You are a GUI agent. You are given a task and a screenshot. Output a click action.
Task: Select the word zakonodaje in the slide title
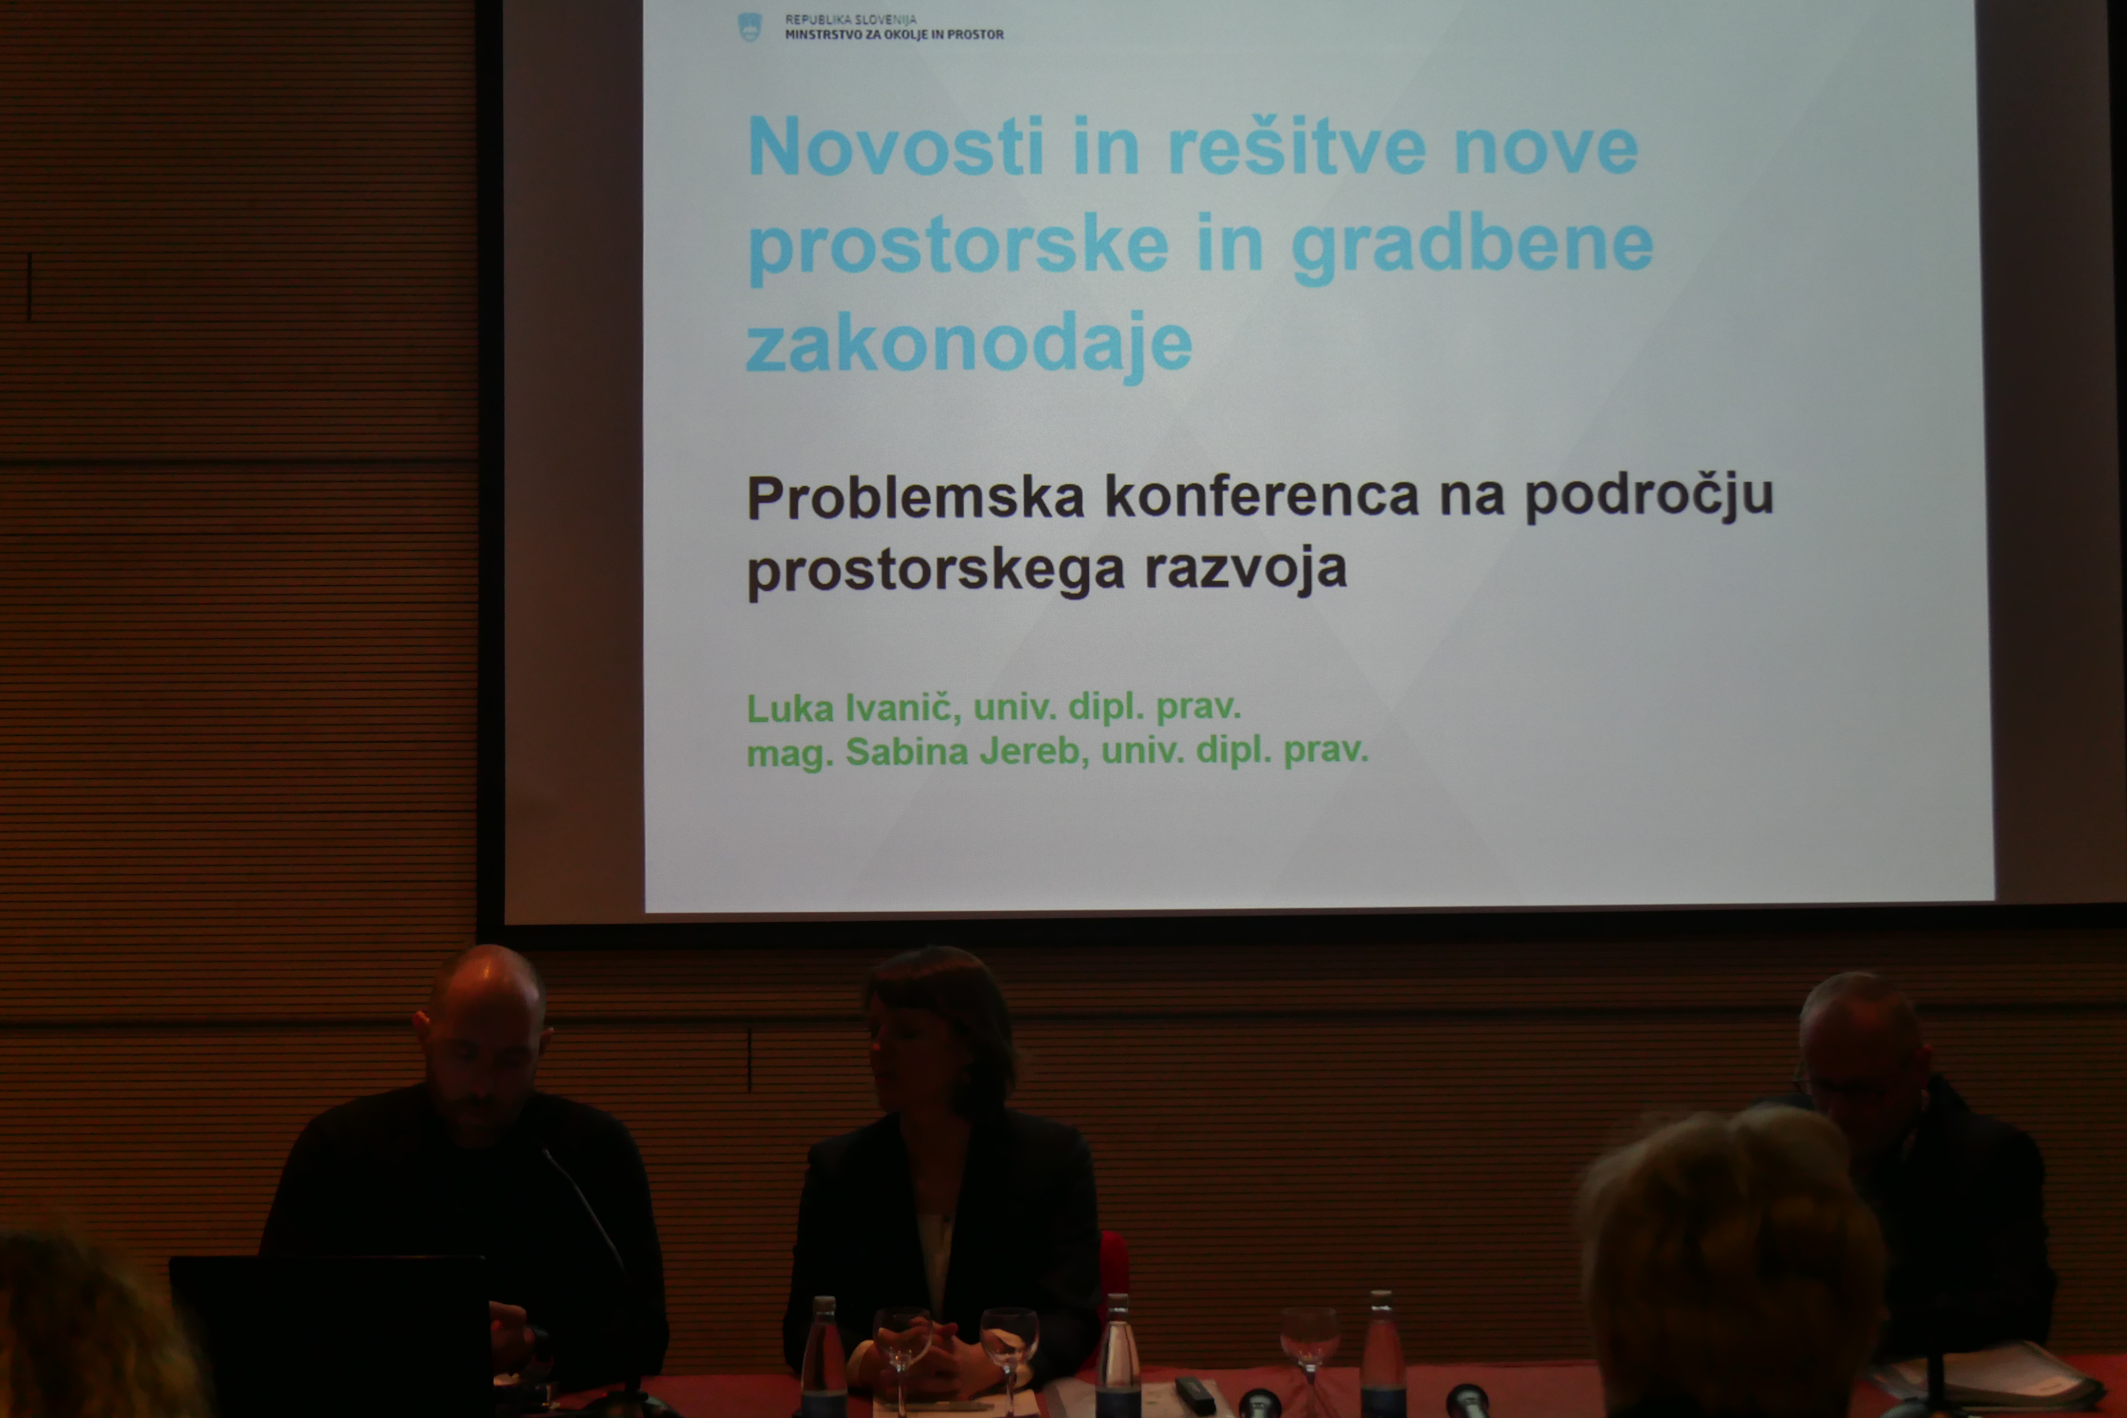[x=968, y=343]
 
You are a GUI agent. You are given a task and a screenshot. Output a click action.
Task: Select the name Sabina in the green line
[x=906, y=751]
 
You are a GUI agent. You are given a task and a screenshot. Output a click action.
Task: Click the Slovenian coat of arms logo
[x=750, y=27]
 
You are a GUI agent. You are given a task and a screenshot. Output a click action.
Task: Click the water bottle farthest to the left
[x=823, y=1357]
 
